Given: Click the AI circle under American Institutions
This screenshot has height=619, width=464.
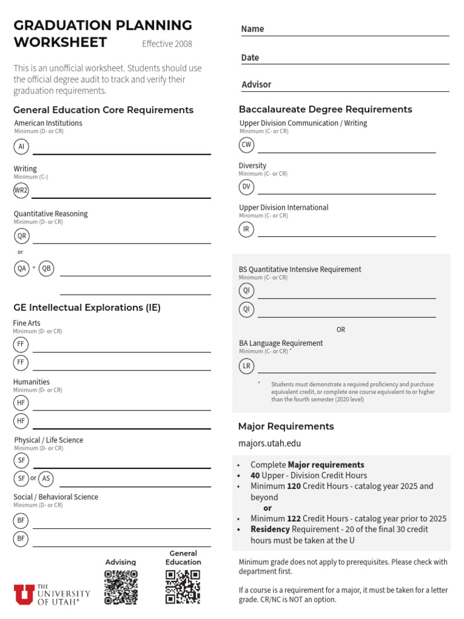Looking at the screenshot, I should pyautogui.click(x=21, y=146).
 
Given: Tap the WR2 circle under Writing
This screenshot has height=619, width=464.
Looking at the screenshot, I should pyautogui.click(x=21, y=190).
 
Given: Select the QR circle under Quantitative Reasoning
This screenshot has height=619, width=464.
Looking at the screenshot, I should pyautogui.click(x=22, y=236).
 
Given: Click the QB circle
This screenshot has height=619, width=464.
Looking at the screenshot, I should pyautogui.click(x=47, y=268).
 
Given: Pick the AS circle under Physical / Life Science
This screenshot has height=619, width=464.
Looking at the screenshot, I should pyautogui.click(x=46, y=479).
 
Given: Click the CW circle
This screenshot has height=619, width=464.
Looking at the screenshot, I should pyautogui.click(x=246, y=144).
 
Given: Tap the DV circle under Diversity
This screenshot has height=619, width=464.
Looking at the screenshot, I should pyautogui.click(x=246, y=187).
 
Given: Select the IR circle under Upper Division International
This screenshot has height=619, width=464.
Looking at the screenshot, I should pyautogui.click(x=246, y=229).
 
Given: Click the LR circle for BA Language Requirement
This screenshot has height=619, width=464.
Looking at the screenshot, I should pyautogui.click(x=246, y=366).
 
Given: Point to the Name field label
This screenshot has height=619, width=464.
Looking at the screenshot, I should pyautogui.click(x=253, y=29).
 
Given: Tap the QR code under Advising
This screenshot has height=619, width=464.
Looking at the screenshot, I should pyautogui.click(x=121, y=587).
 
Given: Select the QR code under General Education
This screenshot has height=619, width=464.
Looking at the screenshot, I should pyautogui.click(x=183, y=587).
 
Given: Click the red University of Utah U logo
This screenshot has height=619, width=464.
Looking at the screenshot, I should pyautogui.click(x=24, y=594).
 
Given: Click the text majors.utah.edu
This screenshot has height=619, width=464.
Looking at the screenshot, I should pyautogui.click(x=269, y=443).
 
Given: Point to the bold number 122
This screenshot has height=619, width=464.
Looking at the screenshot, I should pyautogui.click(x=294, y=519).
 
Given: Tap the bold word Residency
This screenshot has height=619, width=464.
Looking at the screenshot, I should pyautogui.click(x=270, y=529).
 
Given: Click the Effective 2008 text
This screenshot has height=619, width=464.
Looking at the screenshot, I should pyautogui.click(x=167, y=44).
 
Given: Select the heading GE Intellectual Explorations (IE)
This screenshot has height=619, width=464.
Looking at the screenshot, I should pyautogui.click(x=87, y=308).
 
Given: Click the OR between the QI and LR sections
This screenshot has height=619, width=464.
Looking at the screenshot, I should pyautogui.click(x=341, y=329).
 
